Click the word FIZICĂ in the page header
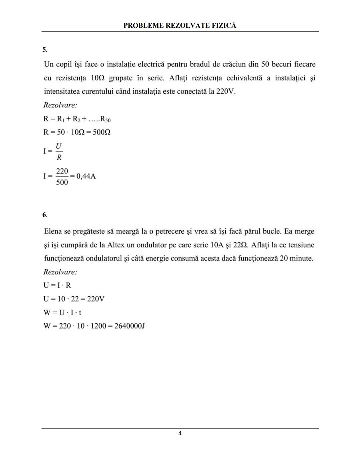point(224,25)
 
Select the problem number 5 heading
point(45,50)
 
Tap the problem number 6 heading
point(44,215)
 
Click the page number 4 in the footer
point(180,433)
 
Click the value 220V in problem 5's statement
point(226,91)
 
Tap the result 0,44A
point(86,176)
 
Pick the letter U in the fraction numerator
point(59,146)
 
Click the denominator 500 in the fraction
point(62,182)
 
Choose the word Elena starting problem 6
point(53,231)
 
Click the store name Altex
point(116,245)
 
